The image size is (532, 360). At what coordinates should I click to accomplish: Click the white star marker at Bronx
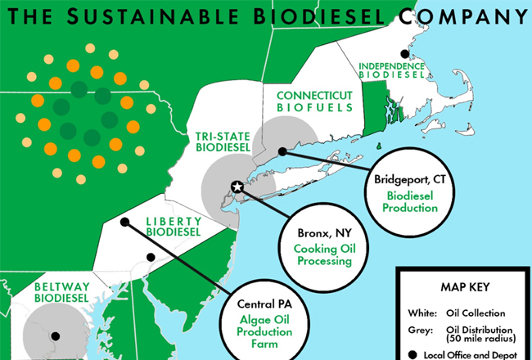(237, 187)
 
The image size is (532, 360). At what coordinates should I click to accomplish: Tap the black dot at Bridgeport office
(282, 151)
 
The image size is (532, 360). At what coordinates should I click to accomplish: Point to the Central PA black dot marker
(124, 222)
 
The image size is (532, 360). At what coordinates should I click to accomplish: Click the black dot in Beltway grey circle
(56, 335)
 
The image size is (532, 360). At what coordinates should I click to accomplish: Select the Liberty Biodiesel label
(173, 226)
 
